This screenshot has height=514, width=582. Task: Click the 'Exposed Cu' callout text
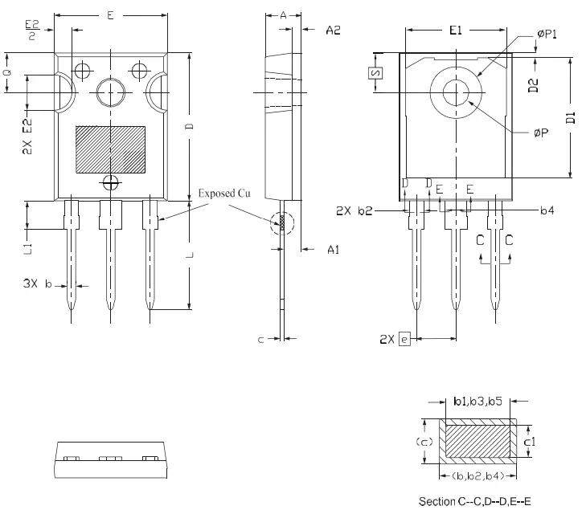[x=224, y=194]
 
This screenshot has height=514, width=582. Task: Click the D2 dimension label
[x=533, y=86]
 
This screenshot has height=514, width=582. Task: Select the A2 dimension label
[x=334, y=31]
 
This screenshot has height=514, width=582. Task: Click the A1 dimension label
[x=334, y=250]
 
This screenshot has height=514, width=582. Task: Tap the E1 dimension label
[x=456, y=31]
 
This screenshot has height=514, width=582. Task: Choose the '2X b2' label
[x=354, y=210]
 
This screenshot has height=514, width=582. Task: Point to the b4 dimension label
[x=547, y=210]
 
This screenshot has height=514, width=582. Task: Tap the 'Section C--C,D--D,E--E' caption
[x=477, y=501]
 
